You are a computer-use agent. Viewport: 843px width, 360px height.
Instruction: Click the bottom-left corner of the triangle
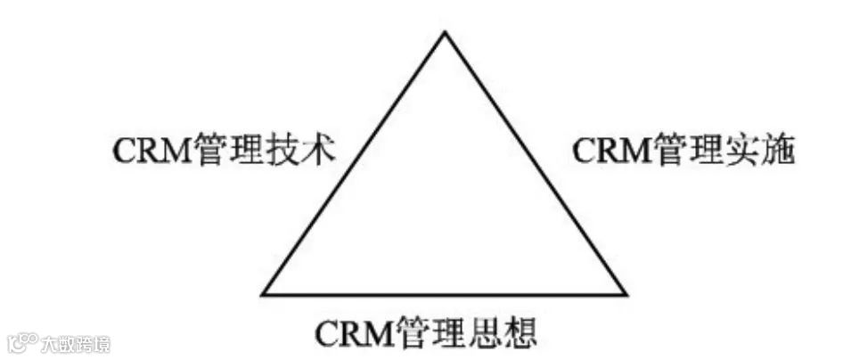tap(263, 294)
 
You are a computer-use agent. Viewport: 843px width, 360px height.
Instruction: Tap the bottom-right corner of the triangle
tap(626, 294)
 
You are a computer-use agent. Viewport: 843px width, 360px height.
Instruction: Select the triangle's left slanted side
tap(354, 163)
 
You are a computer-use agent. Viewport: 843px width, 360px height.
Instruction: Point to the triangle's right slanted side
tap(536, 163)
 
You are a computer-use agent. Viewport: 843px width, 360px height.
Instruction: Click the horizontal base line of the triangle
tap(445, 294)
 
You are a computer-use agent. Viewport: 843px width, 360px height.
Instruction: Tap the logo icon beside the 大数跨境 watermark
tap(21, 343)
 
